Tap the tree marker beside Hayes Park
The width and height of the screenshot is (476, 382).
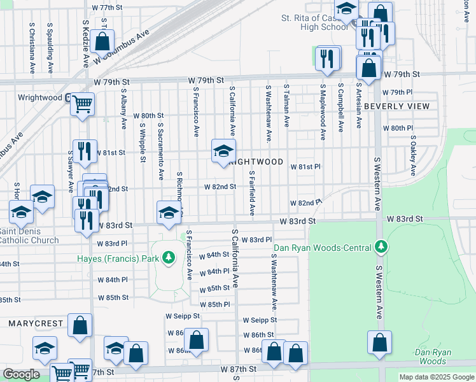click(x=169, y=258)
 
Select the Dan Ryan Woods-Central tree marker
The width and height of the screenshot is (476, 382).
click(x=381, y=246)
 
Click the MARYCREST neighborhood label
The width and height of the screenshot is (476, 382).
click(x=36, y=323)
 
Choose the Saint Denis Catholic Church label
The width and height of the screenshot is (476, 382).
click(x=29, y=236)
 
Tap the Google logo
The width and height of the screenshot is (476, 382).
click(x=21, y=374)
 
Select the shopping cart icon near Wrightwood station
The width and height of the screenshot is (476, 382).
click(x=82, y=103)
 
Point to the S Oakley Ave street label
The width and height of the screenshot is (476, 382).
click(x=413, y=155)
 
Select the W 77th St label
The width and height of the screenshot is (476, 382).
click(x=106, y=7)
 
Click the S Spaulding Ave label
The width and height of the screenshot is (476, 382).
click(x=50, y=48)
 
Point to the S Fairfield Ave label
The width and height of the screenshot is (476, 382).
click(x=252, y=192)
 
